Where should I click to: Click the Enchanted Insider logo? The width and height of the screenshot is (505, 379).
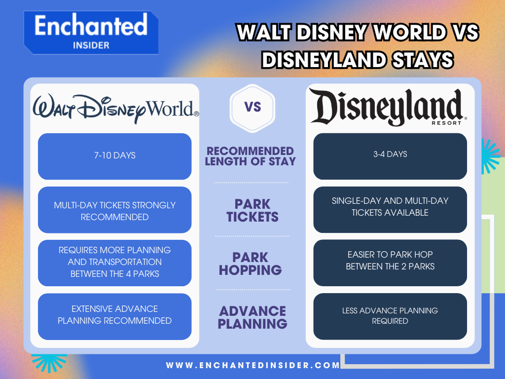91,32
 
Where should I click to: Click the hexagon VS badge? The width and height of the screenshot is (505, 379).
252,108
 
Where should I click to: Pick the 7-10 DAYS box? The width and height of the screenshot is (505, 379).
114,156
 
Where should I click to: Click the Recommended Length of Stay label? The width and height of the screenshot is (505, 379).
251,156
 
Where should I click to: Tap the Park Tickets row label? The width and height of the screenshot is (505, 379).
252,211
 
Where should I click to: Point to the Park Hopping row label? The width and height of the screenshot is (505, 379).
251,264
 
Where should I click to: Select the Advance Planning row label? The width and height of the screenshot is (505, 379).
252,317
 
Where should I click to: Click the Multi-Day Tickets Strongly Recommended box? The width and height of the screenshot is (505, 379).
114,210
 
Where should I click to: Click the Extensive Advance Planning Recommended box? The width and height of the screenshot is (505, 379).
114,316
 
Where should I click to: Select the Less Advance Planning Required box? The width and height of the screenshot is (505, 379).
390,316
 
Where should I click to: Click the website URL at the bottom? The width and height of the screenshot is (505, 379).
253,366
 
